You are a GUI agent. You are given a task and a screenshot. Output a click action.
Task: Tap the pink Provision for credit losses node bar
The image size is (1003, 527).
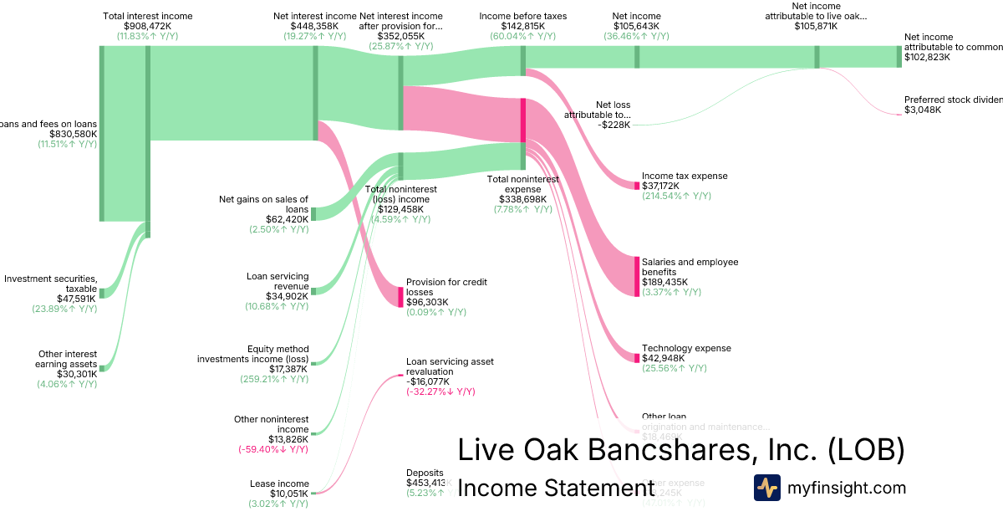(400, 297)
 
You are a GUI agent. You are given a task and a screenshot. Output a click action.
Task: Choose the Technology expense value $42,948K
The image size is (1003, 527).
(664, 358)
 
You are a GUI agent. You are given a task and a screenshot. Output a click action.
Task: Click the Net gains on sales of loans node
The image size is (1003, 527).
(313, 214)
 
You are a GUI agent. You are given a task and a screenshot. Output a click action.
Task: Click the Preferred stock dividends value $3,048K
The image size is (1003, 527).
(923, 110)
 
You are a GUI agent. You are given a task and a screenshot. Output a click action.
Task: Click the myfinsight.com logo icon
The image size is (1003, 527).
(766, 488)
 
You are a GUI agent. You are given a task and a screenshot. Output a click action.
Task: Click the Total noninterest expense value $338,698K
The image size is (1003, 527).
(523, 199)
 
